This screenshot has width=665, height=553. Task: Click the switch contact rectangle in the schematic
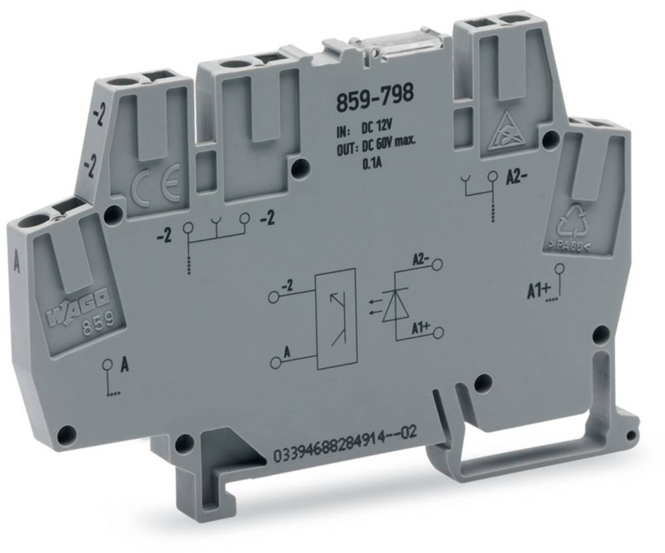pyautogui.click(x=336, y=318)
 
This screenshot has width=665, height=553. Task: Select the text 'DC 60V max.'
pyautogui.click(x=385, y=146)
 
